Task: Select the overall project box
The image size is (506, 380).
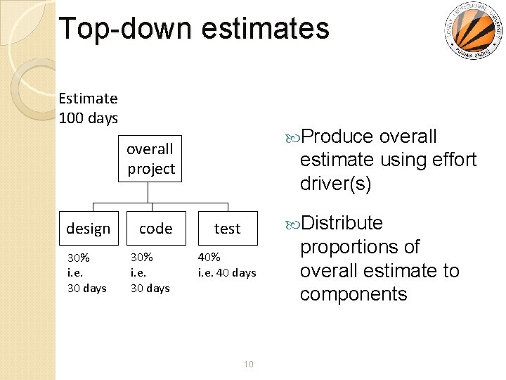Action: (x=150, y=159)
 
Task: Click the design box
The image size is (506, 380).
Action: (x=89, y=228)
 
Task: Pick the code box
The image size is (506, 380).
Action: (x=155, y=228)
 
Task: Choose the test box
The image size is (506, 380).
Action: (x=227, y=228)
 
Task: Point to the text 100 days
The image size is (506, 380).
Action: (x=89, y=118)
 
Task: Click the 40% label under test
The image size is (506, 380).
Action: (x=209, y=257)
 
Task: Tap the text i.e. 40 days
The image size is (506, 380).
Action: (x=227, y=272)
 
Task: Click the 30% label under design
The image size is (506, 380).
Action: (x=78, y=258)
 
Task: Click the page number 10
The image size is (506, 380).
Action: (x=247, y=364)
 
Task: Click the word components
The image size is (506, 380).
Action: (x=353, y=293)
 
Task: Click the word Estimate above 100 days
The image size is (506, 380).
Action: (x=89, y=99)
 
